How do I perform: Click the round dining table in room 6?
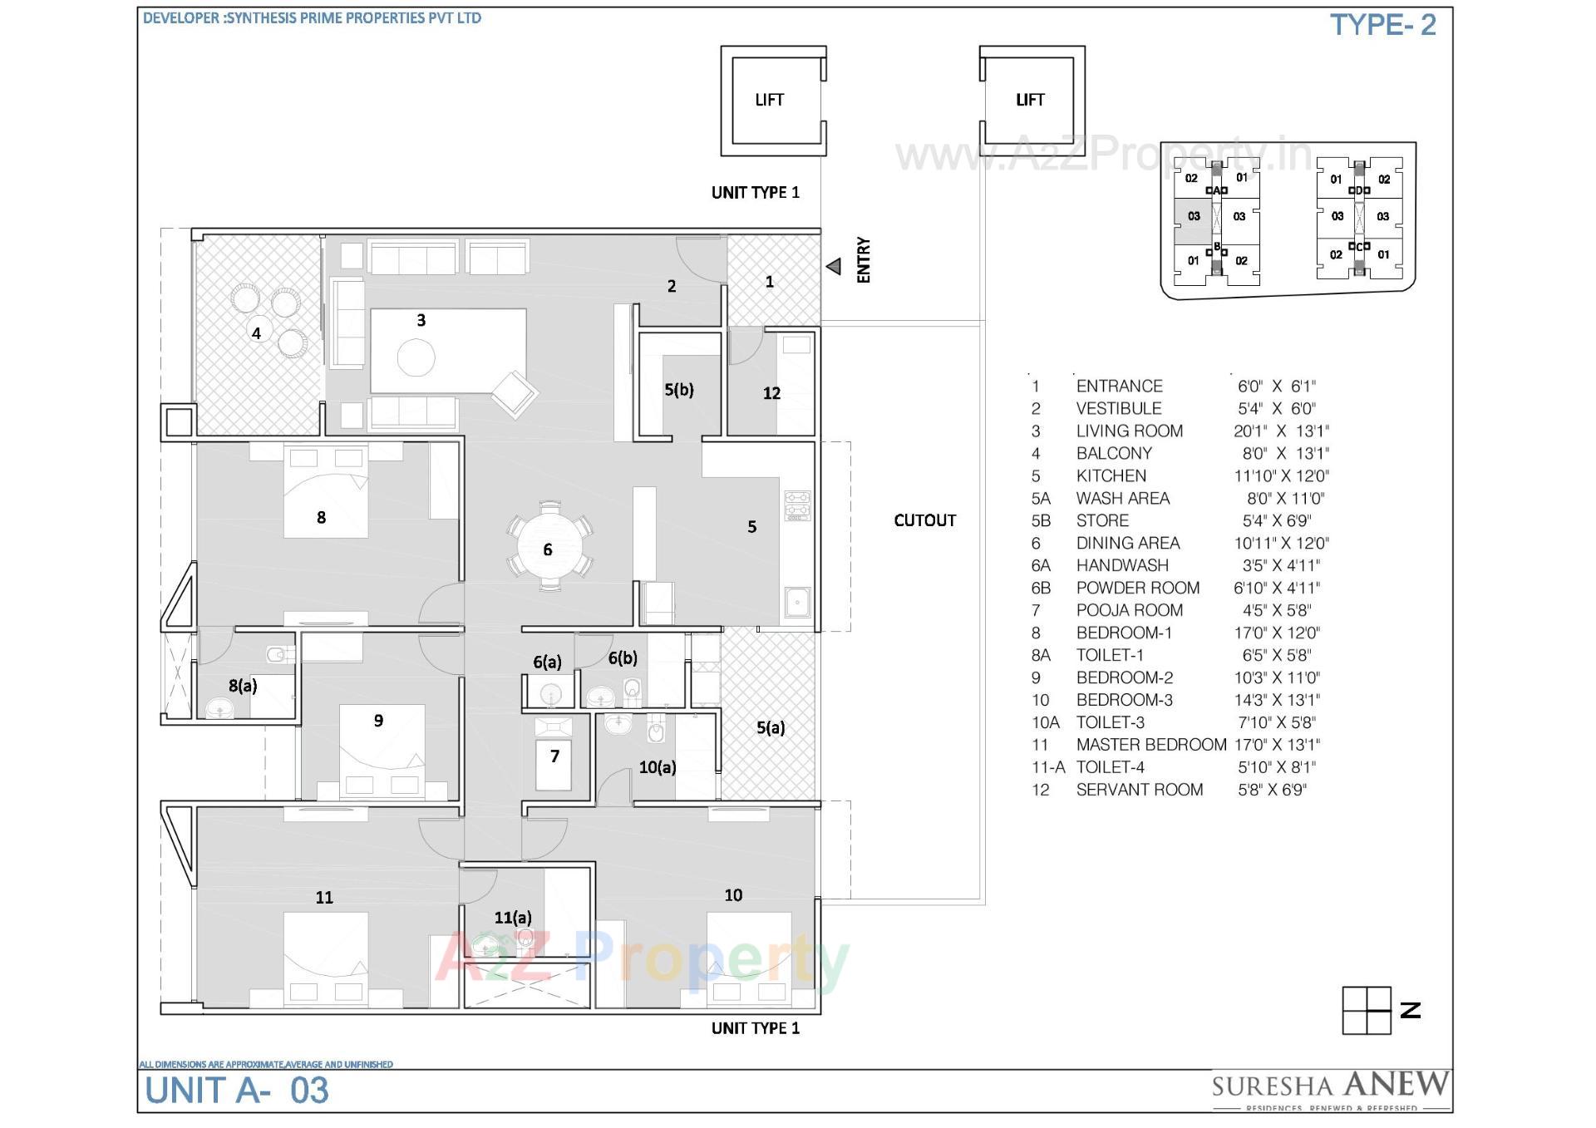(547, 548)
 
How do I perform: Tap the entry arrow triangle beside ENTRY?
(834, 267)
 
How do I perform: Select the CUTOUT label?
(924, 520)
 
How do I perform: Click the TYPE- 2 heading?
(1382, 25)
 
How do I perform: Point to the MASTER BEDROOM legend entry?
(1150, 745)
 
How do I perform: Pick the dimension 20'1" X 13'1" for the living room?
(1281, 431)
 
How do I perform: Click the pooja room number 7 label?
(554, 756)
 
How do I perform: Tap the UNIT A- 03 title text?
(237, 1091)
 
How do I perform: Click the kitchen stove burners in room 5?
(796, 505)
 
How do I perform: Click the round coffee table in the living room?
(416, 358)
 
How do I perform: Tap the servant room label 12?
(771, 393)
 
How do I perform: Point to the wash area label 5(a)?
(770, 727)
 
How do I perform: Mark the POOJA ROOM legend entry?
(1129, 610)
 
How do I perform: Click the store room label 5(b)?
(678, 389)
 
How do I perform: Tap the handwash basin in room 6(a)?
(550, 693)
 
